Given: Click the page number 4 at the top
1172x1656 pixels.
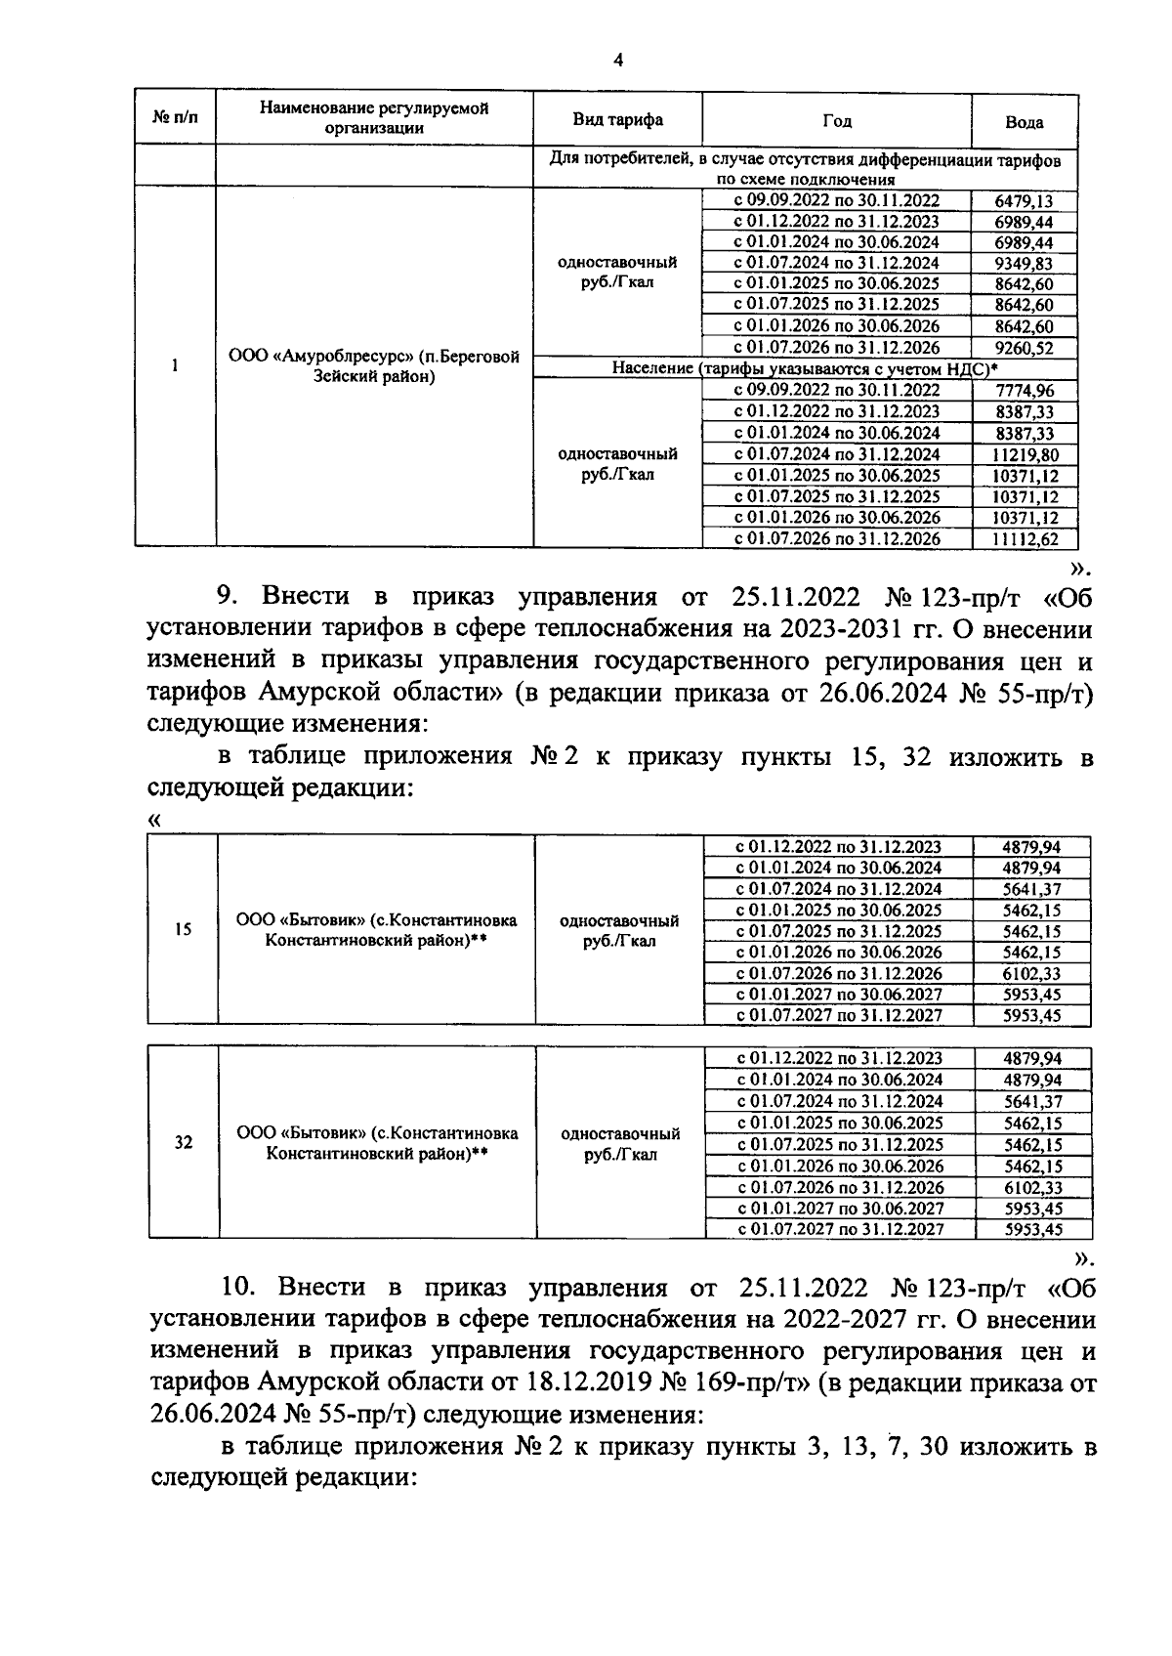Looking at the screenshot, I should [x=617, y=61].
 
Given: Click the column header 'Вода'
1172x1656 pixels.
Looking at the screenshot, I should [x=1024, y=122].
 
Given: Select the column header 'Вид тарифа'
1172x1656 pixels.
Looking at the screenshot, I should [x=617, y=119].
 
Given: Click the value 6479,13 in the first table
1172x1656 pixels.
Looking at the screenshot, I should [x=1024, y=200].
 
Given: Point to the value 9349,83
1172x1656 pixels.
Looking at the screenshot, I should [x=1024, y=263].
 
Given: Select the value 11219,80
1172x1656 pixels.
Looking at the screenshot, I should [x=1024, y=454].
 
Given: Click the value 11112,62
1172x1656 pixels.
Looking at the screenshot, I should [x=1024, y=538].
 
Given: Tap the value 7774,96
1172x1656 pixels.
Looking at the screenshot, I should [x=1024, y=391].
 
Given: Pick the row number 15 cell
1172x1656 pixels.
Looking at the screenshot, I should [x=183, y=929].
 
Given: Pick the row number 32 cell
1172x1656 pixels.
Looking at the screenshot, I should [x=183, y=1142].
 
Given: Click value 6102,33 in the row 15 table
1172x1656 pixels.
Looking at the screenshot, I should [x=1031, y=973].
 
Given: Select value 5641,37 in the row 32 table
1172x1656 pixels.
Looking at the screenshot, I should [x=1032, y=1101].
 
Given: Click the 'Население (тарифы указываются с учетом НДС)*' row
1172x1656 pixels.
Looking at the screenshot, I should [x=805, y=368].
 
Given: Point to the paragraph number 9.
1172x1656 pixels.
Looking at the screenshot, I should [x=224, y=596].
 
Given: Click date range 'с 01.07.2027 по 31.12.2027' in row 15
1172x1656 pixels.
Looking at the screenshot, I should [x=838, y=1015].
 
